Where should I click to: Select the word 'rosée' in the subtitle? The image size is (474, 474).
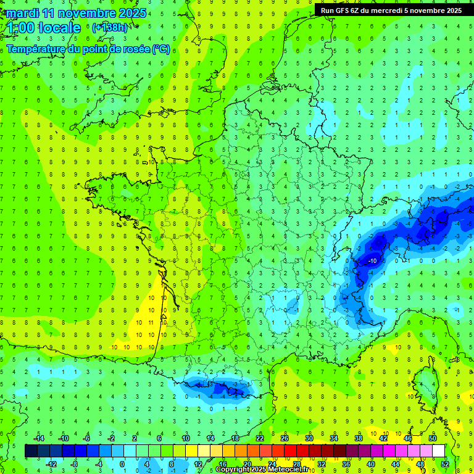tap(135, 49)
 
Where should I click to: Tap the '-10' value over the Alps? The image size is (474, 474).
tap(372, 261)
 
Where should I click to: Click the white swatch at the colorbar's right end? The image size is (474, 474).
tap(439, 451)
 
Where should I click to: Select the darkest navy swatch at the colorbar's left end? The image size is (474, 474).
tap(31, 451)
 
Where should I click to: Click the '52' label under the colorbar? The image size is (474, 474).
tap(445, 464)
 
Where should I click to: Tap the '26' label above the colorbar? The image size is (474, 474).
tap(285, 438)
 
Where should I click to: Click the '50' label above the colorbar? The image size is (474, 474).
tap(433, 438)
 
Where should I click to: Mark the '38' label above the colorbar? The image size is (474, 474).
tap(359, 438)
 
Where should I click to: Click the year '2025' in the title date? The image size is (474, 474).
tap(133, 13)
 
